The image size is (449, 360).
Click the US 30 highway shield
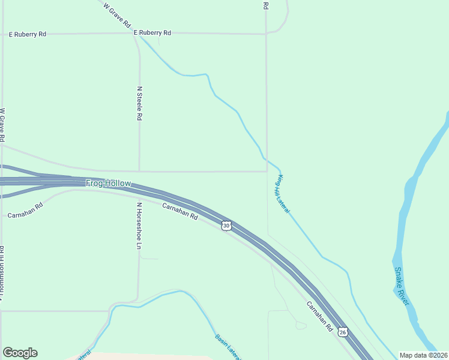pyautogui.click(x=226, y=225)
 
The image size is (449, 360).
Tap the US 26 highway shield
pyautogui.click(x=342, y=331)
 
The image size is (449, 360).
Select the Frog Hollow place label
pyautogui.click(x=108, y=183)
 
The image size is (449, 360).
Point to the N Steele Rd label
pyautogui.click(x=139, y=104)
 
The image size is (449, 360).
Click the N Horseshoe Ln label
pyautogui.click(x=139, y=226)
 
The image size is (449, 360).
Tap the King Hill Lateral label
pyautogui.click(x=283, y=194)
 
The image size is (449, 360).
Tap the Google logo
pyautogui.click(x=20, y=353)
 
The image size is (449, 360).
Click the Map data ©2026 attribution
pyautogui.click(x=423, y=355)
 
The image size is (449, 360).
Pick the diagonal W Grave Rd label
pyautogui.click(x=117, y=16)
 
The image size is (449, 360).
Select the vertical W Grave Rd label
pyautogui.click(x=3, y=124)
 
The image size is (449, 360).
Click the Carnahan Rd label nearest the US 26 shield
pyautogui.click(x=319, y=316)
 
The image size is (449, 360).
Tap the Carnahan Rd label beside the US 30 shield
pyautogui.click(x=180, y=211)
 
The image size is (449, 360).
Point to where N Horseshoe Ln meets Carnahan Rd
pyautogui.click(x=139, y=197)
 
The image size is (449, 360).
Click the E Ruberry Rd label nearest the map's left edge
pyautogui.click(x=28, y=34)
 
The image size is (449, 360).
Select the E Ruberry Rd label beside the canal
pyautogui.click(x=152, y=32)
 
